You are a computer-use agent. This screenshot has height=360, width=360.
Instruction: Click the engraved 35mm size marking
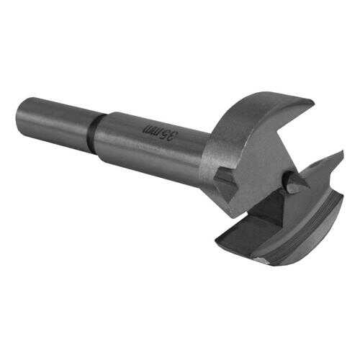point(161,132)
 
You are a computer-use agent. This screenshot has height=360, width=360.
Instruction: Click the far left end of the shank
point(19,112)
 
